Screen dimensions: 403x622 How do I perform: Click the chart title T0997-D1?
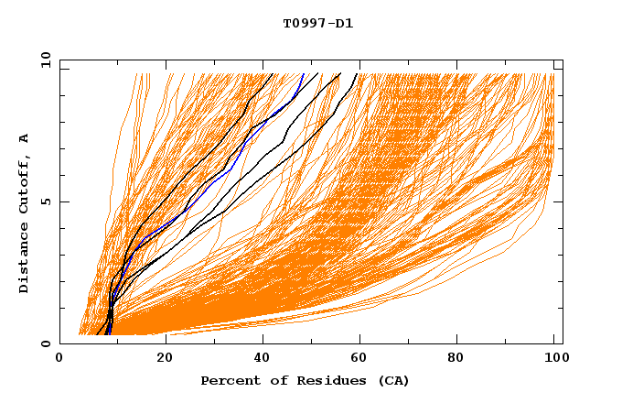click(x=317, y=23)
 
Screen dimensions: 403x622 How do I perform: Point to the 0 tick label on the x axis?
click(x=59, y=360)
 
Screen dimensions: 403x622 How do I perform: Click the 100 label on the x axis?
click(x=555, y=360)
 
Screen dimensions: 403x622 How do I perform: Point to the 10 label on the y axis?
click(x=45, y=60)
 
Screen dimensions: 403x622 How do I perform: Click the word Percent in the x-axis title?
click(x=230, y=380)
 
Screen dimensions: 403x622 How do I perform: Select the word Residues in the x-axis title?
click(x=326, y=380)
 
